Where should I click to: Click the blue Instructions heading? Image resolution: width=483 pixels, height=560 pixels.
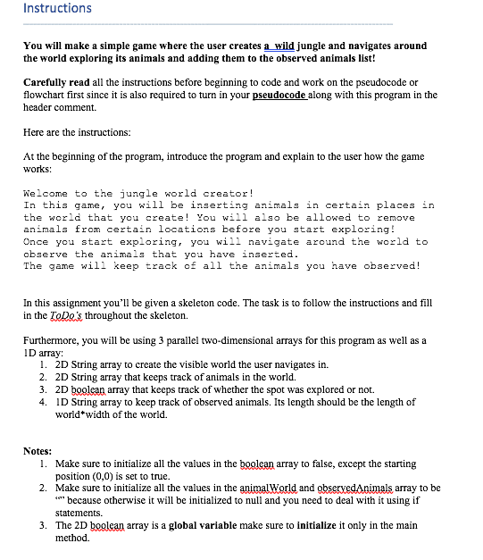click(x=57, y=9)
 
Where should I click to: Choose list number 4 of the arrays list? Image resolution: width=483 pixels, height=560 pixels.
click(x=45, y=402)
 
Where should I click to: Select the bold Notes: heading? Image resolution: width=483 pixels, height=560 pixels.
click(x=37, y=451)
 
